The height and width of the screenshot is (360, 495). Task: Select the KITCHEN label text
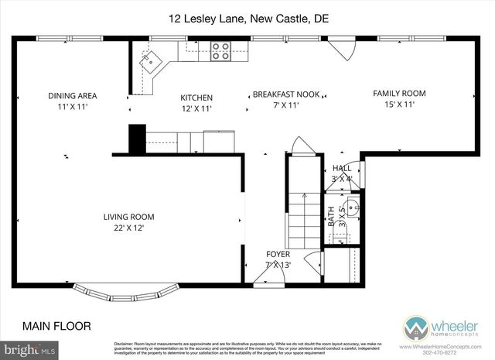click(x=196, y=98)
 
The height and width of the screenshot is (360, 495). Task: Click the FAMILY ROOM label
click(x=399, y=94)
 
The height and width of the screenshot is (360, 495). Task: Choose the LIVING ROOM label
click(x=129, y=217)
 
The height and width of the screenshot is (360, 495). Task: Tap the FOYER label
click(x=278, y=254)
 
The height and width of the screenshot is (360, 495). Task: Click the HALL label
click(x=341, y=168)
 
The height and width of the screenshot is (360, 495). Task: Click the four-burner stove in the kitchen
click(x=220, y=50)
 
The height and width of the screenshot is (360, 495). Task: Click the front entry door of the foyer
click(x=265, y=280)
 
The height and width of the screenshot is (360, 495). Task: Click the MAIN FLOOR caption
click(x=56, y=326)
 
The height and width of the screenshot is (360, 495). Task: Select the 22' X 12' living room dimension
click(x=129, y=228)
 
